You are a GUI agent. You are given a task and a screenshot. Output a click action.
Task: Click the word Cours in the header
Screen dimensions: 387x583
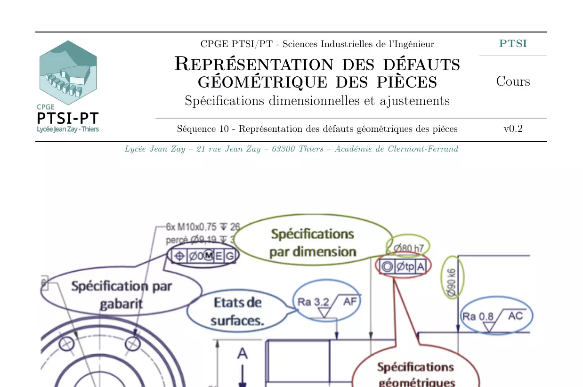tap(513, 81)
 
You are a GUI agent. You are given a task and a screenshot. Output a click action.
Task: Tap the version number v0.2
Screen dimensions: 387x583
tap(513, 129)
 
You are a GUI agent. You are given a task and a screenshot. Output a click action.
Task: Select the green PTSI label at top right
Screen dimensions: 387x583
tap(513, 44)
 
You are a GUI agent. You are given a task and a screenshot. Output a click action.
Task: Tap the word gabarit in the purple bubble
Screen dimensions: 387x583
tap(121, 304)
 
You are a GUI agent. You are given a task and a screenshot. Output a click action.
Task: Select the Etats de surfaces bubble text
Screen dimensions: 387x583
tap(237, 311)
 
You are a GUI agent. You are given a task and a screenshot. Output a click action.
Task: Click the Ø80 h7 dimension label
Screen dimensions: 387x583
tap(408, 247)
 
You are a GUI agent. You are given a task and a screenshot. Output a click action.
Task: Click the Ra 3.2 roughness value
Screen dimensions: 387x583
tap(313, 302)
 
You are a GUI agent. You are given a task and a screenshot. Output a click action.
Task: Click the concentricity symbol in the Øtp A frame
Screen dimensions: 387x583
tap(387, 266)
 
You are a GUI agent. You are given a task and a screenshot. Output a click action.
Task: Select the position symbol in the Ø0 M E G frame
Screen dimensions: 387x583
tap(179, 256)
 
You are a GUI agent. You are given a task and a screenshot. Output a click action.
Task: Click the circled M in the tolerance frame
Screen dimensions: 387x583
tap(208, 256)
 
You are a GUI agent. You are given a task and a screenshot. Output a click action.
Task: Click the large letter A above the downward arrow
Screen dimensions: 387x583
tap(242, 353)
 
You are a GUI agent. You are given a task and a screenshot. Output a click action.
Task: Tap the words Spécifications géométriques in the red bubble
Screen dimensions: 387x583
tap(416, 374)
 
